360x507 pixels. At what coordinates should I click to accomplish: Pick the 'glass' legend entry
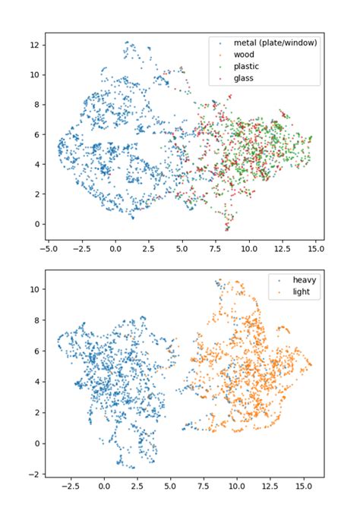pyautogui.click(x=244, y=78)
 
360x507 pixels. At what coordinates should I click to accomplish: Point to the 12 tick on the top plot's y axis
pyautogui.click(x=34, y=45)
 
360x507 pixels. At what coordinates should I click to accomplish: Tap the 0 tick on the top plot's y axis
pyautogui.click(x=36, y=224)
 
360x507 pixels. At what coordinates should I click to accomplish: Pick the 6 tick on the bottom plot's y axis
pyautogui.click(x=36, y=351)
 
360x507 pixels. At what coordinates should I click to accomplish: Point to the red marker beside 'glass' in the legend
pyautogui.click(x=218, y=78)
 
